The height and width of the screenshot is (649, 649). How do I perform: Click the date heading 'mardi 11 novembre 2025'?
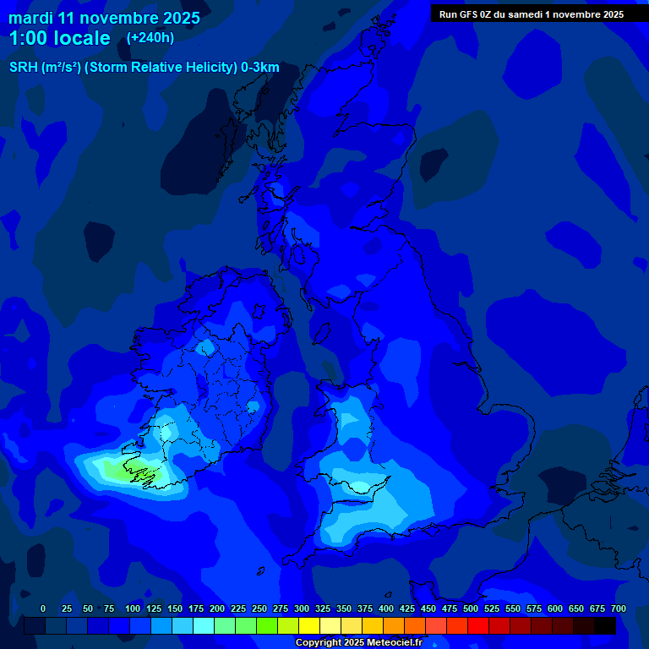pyautogui.click(x=104, y=18)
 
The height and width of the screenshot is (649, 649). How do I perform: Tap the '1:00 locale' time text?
pyautogui.click(x=60, y=38)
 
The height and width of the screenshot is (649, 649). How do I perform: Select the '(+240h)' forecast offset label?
pyautogui.click(x=150, y=38)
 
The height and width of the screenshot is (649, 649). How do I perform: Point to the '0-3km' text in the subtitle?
pyautogui.click(x=260, y=68)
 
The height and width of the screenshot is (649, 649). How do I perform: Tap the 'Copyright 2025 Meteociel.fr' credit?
pyautogui.click(x=358, y=643)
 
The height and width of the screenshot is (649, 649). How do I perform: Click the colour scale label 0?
pyautogui.click(x=43, y=608)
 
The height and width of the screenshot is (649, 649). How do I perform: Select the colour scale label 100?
pyautogui.click(x=133, y=608)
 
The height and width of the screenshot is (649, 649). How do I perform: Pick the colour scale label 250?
pyautogui.click(x=259, y=608)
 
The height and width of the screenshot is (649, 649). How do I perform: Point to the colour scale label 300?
pyautogui.click(x=302, y=608)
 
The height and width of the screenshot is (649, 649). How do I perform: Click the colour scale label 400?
pyautogui.click(x=386, y=608)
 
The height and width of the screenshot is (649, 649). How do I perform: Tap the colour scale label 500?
pyautogui.click(x=471, y=608)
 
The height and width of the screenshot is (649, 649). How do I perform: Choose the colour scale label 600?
pyautogui.click(x=555, y=608)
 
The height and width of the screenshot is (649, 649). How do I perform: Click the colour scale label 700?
pyautogui.click(x=619, y=608)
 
